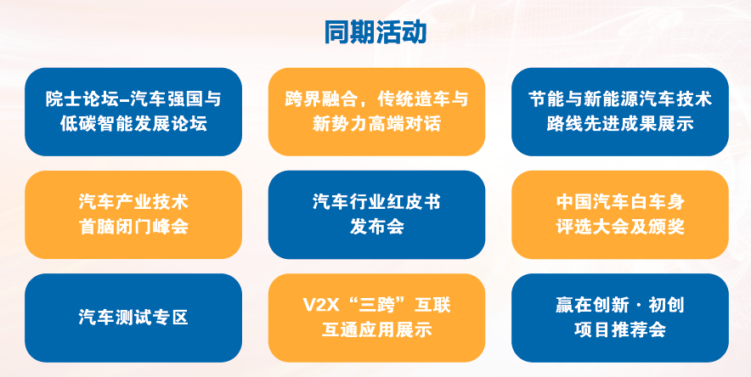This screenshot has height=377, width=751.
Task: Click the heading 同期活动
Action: point(375,32)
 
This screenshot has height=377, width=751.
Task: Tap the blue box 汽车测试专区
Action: point(133,318)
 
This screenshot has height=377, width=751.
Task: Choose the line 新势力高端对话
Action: point(376,124)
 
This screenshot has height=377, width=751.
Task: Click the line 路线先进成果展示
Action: point(620,124)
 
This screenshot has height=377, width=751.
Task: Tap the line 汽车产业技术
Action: point(133,202)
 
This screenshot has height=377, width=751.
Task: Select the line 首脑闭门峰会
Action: point(133,227)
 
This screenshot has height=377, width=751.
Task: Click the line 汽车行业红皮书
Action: point(376,202)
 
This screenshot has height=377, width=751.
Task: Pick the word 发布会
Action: point(376,227)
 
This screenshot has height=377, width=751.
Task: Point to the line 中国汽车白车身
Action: point(620,202)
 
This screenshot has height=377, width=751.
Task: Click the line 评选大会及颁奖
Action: point(620,227)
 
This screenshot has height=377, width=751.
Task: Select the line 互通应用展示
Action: point(376,330)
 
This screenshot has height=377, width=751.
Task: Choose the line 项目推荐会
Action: point(620,330)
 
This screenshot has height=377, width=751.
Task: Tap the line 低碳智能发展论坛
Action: point(133,124)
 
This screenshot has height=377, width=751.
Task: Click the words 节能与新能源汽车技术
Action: point(620,99)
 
